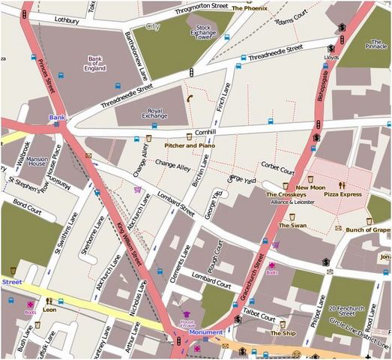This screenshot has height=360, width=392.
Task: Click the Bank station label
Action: point(58,118)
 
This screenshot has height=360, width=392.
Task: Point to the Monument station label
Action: point(205,332)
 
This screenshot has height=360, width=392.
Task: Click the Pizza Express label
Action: point(343,194)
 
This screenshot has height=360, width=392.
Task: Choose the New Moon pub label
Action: point(310,187)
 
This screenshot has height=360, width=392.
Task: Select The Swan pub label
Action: point(292,225)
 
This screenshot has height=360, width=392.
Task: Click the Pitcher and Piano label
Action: point(190,145)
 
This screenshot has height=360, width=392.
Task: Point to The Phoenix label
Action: point(249,7)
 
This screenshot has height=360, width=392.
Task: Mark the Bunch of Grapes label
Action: point(368,230)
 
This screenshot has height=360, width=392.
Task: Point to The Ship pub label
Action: point(283,333)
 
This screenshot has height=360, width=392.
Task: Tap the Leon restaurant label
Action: point(50,309)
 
